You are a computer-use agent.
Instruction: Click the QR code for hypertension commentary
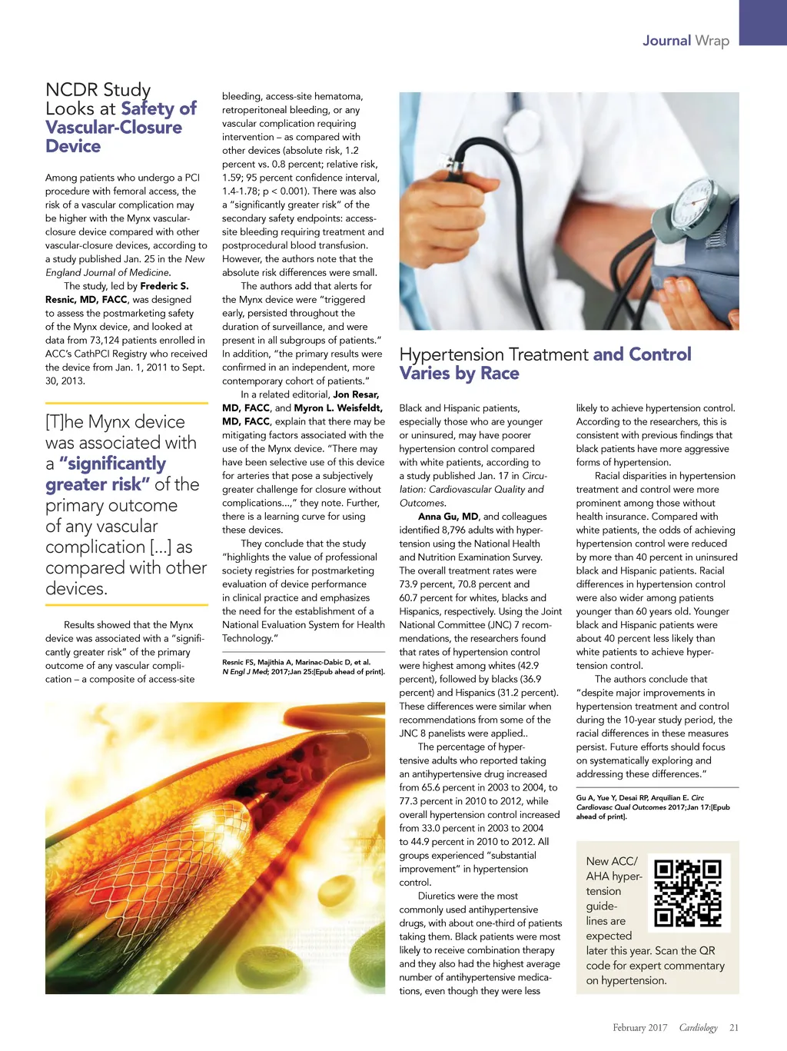click(x=688, y=893)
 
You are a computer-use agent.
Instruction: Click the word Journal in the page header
click(x=666, y=41)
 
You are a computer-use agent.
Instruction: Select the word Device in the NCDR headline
click(x=73, y=146)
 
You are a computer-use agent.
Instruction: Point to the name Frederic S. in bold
click(x=164, y=286)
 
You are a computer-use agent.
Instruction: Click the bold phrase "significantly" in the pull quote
click(x=112, y=464)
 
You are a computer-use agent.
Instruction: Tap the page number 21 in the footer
click(x=734, y=1028)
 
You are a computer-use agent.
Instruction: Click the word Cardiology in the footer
click(x=698, y=1028)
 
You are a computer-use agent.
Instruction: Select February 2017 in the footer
click(x=639, y=1028)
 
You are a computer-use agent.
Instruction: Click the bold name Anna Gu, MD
click(x=448, y=517)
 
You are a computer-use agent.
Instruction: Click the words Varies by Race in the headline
click(x=460, y=374)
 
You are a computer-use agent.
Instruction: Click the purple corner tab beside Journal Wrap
click(x=762, y=23)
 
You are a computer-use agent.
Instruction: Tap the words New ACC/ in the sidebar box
click(x=612, y=862)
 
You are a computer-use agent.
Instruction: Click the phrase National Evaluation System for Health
click(x=304, y=625)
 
